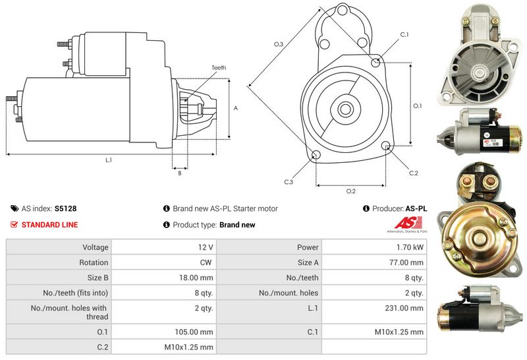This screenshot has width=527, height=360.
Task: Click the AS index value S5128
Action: point(65,208)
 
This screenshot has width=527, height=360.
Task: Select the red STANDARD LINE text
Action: point(50,225)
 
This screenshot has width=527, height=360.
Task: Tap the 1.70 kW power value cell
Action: point(410,247)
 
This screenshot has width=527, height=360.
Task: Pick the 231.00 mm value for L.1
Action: point(404,308)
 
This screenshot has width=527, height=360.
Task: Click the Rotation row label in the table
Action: point(94,262)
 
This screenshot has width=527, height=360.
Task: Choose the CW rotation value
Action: point(206,262)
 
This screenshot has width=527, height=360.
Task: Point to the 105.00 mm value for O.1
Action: point(194,332)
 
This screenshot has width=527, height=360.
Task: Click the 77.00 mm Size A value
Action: point(406,262)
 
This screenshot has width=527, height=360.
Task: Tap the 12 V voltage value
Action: point(206,247)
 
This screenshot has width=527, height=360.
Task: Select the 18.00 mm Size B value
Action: point(196,278)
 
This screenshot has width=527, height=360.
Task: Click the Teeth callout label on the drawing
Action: point(219,68)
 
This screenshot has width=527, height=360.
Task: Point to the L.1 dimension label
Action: point(109,160)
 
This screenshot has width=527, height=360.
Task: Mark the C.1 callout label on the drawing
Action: point(404,35)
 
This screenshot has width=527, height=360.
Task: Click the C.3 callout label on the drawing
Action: point(289,182)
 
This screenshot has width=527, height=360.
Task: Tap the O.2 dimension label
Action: point(351,191)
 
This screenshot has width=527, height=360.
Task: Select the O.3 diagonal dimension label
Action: point(279,44)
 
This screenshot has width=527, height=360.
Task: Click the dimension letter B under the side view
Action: point(180,173)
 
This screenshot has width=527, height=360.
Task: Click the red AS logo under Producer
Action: point(408,223)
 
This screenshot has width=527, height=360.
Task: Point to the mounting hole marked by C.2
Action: point(386,146)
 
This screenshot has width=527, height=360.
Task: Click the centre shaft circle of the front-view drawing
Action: point(345,109)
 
